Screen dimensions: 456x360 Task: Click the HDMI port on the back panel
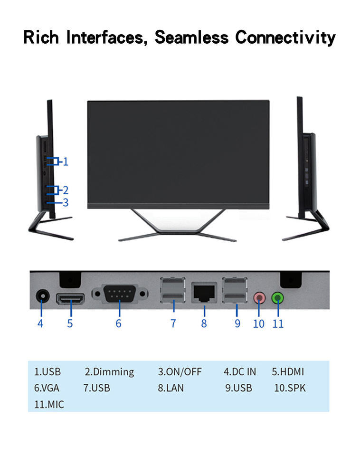pyautogui.click(x=70, y=299)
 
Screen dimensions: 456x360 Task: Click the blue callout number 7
pyautogui.click(x=173, y=323)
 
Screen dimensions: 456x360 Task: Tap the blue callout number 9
pyautogui.click(x=237, y=323)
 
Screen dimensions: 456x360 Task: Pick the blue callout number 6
pyautogui.click(x=118, y=323)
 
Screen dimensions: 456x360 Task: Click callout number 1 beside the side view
pyautogui.click(x=66, y=161)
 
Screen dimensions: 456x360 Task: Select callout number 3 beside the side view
pyautogui.click(x=66, y=202)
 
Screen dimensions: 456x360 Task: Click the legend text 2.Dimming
pyautogui.click(x=109, y=371)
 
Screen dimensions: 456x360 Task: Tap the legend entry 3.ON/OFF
pyautogui.click(x=180, y=371)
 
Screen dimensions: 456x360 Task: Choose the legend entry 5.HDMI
pyautogui.click(x=287, y=371)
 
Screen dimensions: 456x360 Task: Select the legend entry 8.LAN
pyautogui.click(x=171, y=388)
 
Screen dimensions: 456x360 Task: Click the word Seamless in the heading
pyautogui.click(x=191, y=37)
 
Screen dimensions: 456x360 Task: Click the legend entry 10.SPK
pyautogui.click(x=290, y=388)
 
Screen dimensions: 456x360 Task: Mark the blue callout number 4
pyautogui.click(x=40, y=323)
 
